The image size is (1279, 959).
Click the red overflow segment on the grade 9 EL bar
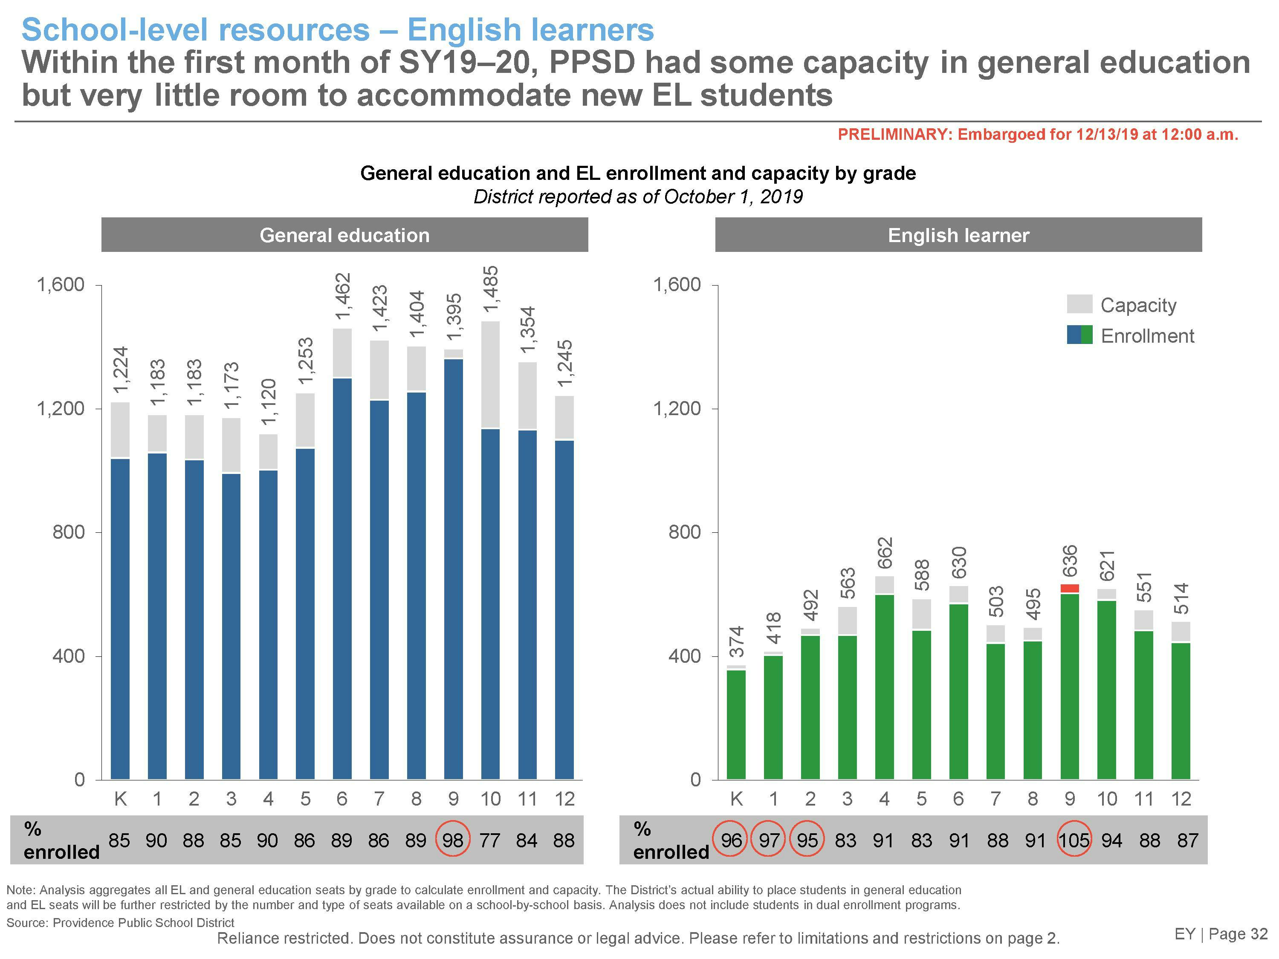click(1070, 589)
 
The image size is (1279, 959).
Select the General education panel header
click(344, 235)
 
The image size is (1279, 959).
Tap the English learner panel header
click(958, 235)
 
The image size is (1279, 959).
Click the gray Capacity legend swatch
click(1079, 304)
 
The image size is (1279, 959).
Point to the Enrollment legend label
click(1147, 336)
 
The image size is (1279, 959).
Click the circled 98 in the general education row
click(453, 840)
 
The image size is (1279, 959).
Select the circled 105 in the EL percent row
click(1074, 840)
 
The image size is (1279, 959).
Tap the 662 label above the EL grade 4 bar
click(885, 553)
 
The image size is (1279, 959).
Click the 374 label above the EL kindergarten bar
click(736, 641)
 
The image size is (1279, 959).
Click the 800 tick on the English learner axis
click(685, 532)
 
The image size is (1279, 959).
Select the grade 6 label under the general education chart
click(342, 799)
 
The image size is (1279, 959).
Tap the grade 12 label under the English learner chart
click(1181, 799)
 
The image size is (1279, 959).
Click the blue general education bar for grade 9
click(453, 569)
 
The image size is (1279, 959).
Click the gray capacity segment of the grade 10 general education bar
click(490, 375)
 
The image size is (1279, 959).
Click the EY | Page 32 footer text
click(1221, 934)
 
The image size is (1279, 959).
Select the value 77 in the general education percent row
click(490, 840)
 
